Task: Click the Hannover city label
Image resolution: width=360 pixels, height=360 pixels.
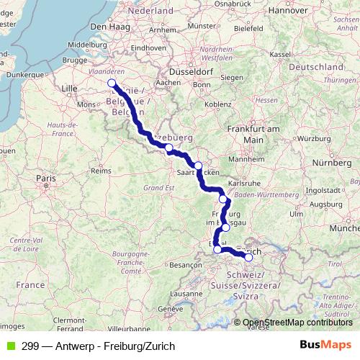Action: click(288, 11)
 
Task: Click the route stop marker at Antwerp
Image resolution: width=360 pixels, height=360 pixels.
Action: click(112, 84)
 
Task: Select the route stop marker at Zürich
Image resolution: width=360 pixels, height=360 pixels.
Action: click(249, 256)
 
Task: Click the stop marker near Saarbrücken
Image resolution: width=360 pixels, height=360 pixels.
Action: click(198, 165)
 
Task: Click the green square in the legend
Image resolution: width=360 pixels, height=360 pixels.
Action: click(8, 346)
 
